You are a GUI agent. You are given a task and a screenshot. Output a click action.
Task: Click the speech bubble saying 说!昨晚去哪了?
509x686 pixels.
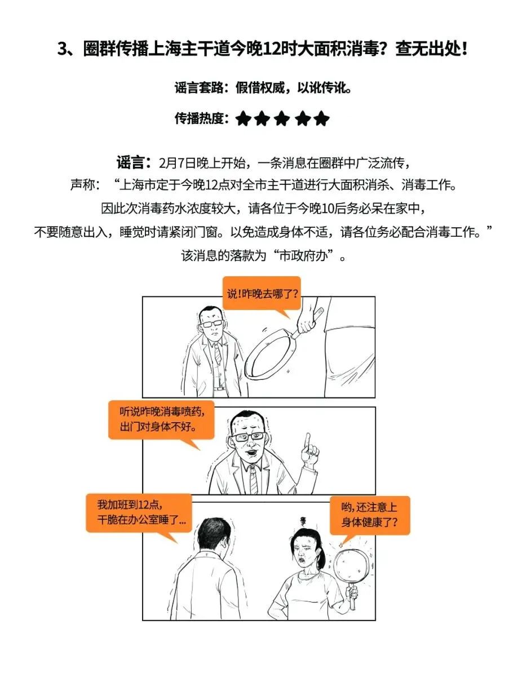(x=262, y=293)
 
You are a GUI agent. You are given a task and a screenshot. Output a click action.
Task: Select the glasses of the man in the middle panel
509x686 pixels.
(x=250, y=437)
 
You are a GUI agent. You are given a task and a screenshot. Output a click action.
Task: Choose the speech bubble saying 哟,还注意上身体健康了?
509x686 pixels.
(x=369, y=515)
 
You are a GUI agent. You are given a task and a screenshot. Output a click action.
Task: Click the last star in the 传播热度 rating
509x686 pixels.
(x=321, y=119)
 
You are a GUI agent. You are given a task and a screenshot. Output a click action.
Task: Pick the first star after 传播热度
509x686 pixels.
(x=243, y=119)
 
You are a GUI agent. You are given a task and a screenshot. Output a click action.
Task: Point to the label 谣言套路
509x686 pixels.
(x=201, y=88)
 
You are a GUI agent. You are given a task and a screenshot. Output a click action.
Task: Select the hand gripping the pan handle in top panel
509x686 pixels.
(x=307, y=323)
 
